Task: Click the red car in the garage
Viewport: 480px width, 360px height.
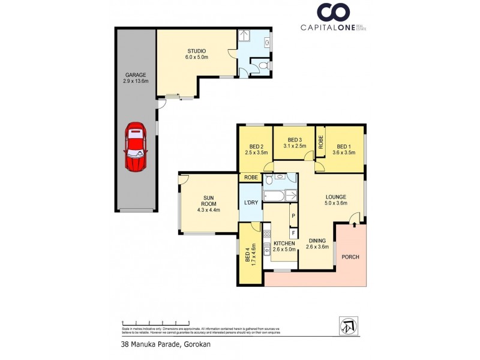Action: pyautogui.click(x=136, y=148)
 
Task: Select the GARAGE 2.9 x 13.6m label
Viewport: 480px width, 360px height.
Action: pyautogui.click(x=136, y=79)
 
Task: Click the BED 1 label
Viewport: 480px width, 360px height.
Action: pyautogui.click(x=343, y=149)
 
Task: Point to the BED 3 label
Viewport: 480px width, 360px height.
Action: pyautogui.click(x=294, y=142)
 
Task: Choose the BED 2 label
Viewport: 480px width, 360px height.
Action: pyautogui.click(x=256, y=149)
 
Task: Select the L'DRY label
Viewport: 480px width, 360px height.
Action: pyautogui.click(x=251, y=202)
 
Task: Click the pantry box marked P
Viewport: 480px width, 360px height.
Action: pyautogui.click(x=293, y=215)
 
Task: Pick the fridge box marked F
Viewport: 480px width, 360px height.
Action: pyautogui.click(x=293, y=232)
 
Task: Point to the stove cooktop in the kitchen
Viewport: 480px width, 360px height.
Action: pyautogui.click(x=267, y=236)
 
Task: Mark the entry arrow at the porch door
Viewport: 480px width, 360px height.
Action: pyautogui.click(x=355, y=224)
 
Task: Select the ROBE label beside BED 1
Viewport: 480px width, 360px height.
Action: pyautogui.click(x=321, y=142)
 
